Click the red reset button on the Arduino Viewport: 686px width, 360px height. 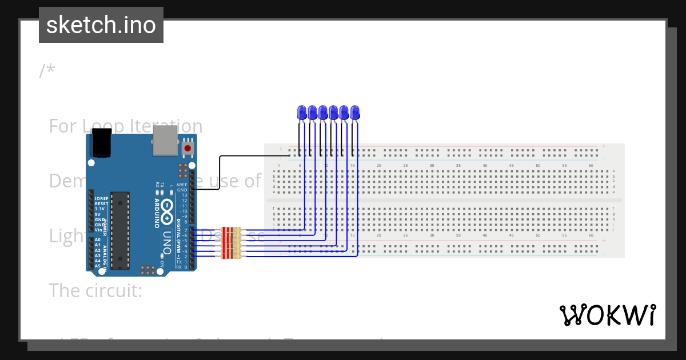click(187, 149)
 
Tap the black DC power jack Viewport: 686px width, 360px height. click(102, 143)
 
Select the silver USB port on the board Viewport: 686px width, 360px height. click(165, 141)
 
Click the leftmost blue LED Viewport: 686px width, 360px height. click(301, 113)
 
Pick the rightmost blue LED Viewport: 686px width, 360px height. click(355, 113)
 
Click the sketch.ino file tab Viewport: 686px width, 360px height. click(101, 25)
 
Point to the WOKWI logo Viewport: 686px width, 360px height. click(607, 315)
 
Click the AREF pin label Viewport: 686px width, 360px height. click(182, 185)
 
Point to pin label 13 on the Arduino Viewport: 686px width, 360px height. click(184, 195)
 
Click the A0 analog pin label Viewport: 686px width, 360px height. click(98, 240)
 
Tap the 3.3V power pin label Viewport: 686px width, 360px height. click(100, 209)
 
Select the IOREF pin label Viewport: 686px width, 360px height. click(101, 198)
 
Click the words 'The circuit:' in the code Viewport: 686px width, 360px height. click(95, 290)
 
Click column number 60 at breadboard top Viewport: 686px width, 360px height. click(591, 166)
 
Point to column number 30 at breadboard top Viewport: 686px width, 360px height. click(432, 166)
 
